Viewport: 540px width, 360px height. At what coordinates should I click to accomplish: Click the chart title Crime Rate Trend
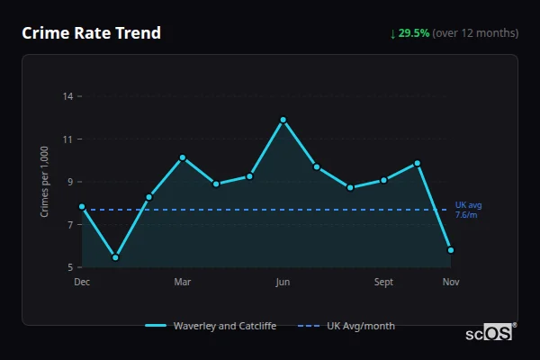point(92,33)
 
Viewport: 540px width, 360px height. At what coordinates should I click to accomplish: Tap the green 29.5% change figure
point(416,33)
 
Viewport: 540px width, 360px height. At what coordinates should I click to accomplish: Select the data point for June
point(283,120)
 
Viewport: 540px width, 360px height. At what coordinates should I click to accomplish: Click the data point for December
point(82,207)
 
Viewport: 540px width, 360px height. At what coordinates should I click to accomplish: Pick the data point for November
point(451,250)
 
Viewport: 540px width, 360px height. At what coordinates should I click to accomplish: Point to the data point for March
point(183,157)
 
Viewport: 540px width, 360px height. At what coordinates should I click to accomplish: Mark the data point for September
point(383,180)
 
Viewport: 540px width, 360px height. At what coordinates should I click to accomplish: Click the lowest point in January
point(115,257)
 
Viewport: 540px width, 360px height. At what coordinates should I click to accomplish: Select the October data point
point(418,163)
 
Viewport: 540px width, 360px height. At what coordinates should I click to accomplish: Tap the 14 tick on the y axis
point(67,96)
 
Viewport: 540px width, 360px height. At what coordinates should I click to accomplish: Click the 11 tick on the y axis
point(67,139)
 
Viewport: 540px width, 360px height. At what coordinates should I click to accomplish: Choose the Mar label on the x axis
point(183,283)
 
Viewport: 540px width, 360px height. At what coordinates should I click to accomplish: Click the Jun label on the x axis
point(283,283)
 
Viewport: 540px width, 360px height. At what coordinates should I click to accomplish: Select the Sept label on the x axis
point(383,283)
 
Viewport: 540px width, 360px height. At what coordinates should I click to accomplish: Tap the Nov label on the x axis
point(451,283)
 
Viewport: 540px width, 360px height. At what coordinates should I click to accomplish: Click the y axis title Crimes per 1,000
point(45,182)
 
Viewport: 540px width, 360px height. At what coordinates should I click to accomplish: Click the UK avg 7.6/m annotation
point(468,210)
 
